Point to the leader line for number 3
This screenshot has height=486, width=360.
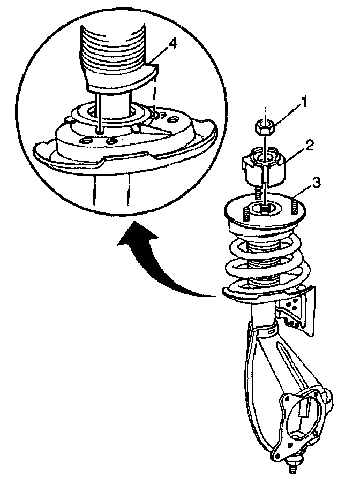[300, 191]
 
